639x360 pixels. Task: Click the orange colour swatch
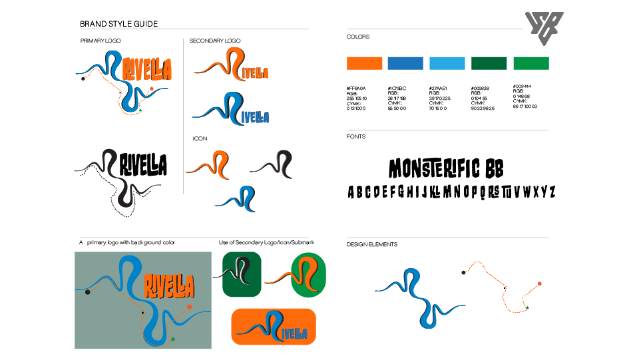tap(364, 63)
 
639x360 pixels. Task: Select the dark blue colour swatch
tap(405, 63)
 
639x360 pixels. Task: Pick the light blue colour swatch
tap(447, 63)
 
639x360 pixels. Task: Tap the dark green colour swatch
tap(489, 63)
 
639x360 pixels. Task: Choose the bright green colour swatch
tap(531, 63)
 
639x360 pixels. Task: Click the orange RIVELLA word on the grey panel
tap(169, 285)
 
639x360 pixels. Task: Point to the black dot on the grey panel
tap(87, 292)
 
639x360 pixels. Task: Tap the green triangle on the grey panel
tap(173, 339)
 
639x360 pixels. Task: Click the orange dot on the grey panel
tap(190, 307)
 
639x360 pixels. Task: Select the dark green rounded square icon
tap(242, 274)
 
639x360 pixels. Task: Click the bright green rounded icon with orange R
tap(308, 275)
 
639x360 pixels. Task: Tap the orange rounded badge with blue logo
tap(274, 327)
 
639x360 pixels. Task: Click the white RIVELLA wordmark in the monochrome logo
tap(144, 164)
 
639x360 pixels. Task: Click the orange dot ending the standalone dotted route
tap(539, 283)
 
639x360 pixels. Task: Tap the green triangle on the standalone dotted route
tap(526, 308)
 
